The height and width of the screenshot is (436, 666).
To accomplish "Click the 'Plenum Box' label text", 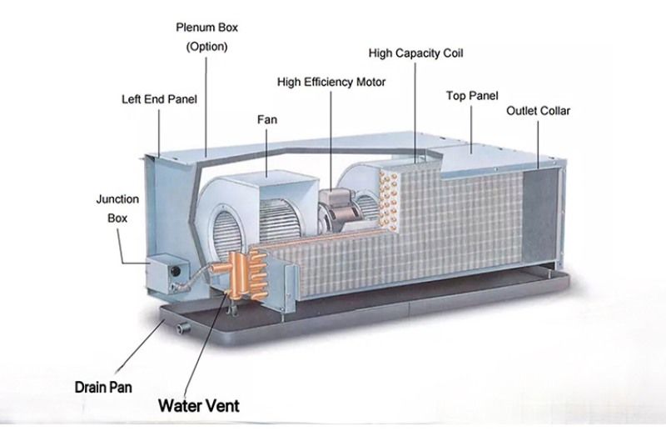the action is pos(206,28).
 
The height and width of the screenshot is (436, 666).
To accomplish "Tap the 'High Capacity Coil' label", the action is pos(415,53).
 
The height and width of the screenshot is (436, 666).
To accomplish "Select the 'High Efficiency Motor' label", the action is pos(331,82).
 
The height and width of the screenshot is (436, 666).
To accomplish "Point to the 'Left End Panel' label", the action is pos(159,99).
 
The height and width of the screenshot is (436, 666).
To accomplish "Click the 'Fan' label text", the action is pos(267,119).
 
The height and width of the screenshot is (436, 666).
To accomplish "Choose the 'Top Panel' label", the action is pos(472,96).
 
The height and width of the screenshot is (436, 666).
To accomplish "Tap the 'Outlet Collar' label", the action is pos(538,111).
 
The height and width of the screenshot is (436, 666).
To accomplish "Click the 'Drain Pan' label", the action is pos(103,387).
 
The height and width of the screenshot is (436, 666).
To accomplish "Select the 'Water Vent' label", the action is pos(199,405).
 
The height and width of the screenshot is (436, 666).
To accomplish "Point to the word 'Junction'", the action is pos(117,199).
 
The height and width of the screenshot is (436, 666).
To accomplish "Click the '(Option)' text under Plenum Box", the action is pos(206,47).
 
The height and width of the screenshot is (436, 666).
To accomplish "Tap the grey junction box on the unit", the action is pos(167,275).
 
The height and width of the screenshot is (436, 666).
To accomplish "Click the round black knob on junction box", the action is pos(175,271).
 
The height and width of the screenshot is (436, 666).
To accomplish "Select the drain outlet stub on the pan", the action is pos(183,328).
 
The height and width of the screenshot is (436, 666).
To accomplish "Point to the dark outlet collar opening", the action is pos(539,215).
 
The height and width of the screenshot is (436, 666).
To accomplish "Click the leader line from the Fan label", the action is pos(266,153).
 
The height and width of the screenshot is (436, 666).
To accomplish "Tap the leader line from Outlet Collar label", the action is pos(538,144).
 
